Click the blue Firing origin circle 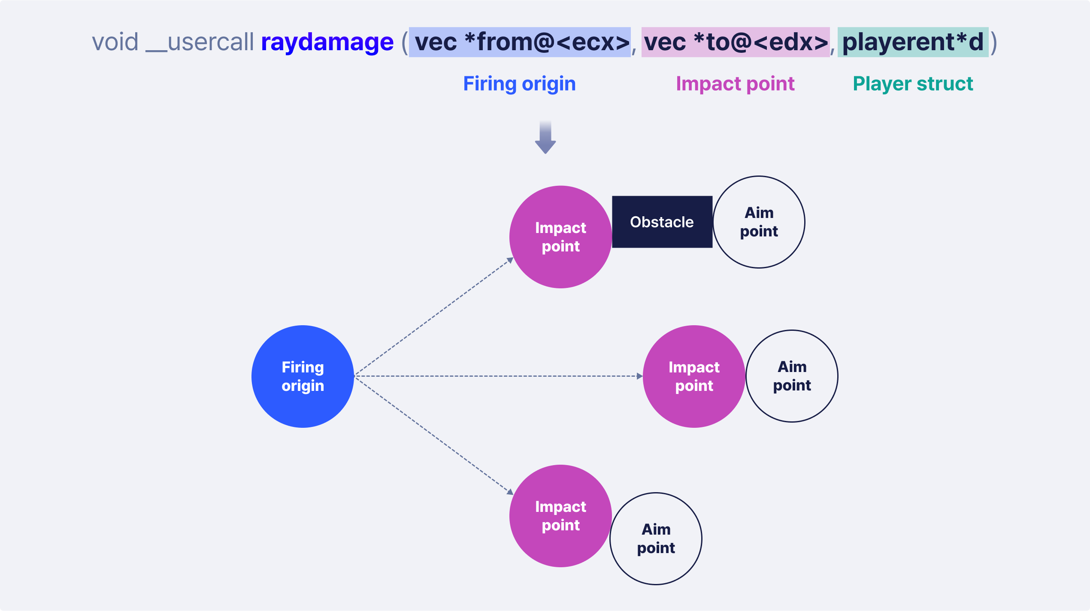(303, 376)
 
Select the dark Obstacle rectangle (662, 222)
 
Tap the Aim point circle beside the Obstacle (759, 222)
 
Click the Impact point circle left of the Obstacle (560, 237)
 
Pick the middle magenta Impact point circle (694, 376)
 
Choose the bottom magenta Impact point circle (560, 516)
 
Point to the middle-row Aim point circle (792, 376)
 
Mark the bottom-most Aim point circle (656, 538)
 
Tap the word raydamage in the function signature (327, 42)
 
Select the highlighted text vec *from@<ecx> (520, 42)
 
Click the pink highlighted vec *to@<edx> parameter (736, 42)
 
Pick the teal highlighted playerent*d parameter (913, 42)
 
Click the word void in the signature (115, 42)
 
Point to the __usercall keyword (200, 42)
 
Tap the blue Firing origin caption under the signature (519, 84)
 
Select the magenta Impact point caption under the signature (735, 84)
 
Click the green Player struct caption (913, 84)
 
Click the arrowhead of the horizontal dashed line (639, 376)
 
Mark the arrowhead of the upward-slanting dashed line (510, 260)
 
